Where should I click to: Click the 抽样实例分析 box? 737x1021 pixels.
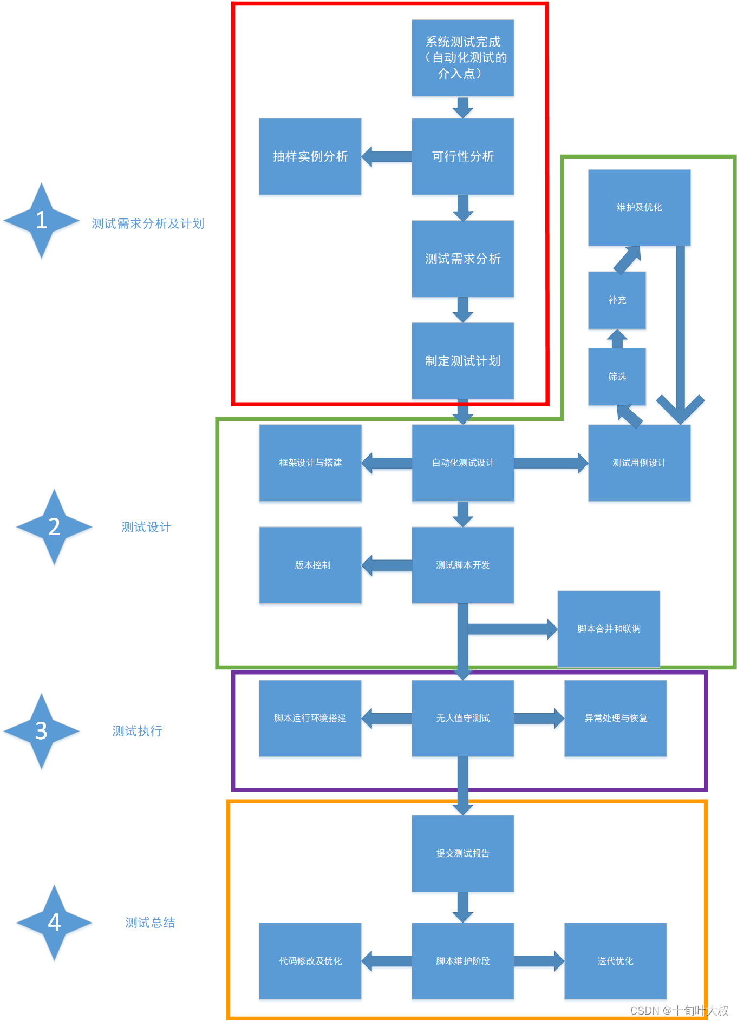click(310, 156)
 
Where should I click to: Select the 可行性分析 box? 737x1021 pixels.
click(462, 156)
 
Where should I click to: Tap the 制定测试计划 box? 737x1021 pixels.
click(462, 360)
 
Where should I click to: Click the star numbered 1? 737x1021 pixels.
click(41, 220)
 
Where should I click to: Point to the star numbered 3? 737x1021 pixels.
click(41, 731)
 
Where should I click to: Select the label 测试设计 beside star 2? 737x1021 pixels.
click(146, 527)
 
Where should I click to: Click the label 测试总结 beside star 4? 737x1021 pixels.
click(150, 923)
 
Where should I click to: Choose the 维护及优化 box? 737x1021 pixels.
click(639, 207)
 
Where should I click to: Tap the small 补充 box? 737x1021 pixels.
click(617, 300)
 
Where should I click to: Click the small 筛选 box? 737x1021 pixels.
click(617, 376)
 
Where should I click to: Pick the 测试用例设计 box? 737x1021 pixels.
click(639, 463)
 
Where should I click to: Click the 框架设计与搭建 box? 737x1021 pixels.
click(310, 463)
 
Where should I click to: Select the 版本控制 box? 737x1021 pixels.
click(310, 565)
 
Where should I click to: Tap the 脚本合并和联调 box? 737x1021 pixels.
click(609, 629)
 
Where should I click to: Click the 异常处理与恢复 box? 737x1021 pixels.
click(615, 718)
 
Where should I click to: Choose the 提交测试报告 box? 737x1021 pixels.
click(462, 853)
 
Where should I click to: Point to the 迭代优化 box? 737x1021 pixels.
click(615, 961)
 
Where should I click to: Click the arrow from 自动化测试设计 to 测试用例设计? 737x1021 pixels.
click(550, 463)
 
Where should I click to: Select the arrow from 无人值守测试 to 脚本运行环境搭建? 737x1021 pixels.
click(387, 718)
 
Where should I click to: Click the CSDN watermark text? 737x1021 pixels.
click(679, 1010)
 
